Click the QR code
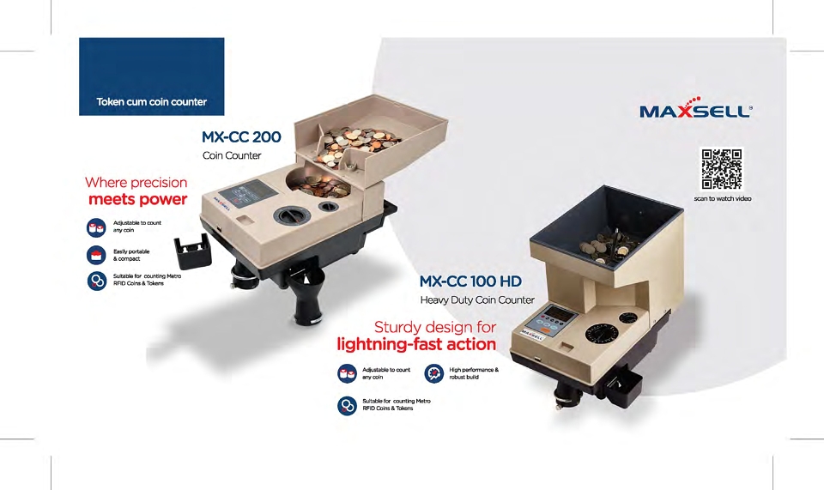[x=722, y=168]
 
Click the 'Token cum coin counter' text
[x=151, y=102]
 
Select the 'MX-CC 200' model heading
[x=241, y=137]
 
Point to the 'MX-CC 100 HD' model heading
[x=470, y=281]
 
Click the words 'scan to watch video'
[x=723, y=198]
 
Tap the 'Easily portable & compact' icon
[x=96, y=255]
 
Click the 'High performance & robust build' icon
[x=434, y=373]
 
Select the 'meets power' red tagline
[x=137, y=199]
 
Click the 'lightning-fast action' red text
[x=416, y=344]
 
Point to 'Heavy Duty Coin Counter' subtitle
[x=477, y=300]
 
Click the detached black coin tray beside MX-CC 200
[x=193, y=250]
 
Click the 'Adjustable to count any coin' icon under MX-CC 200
[x=96, y=227]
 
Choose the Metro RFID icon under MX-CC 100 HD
[x=347, y=405]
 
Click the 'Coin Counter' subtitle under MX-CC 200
[x=232, y=155]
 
